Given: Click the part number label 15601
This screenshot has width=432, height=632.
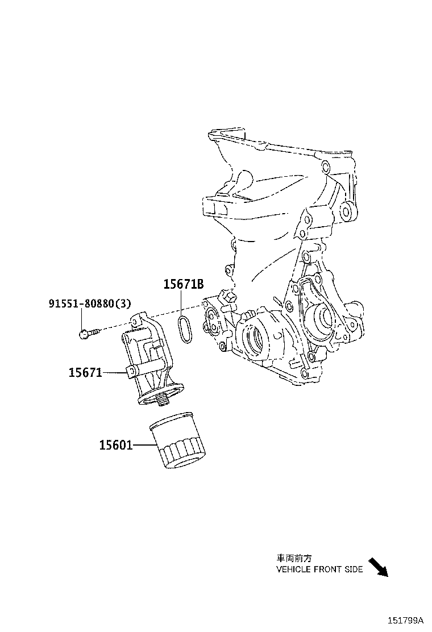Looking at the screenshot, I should coord(116,445).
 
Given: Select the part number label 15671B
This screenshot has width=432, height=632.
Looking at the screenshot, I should coord(184,285).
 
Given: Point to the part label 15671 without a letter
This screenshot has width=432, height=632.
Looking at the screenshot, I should coord(85,373).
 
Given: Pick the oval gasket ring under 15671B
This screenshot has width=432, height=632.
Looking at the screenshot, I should coord(184,330).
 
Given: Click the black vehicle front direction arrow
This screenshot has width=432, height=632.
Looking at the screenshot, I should coord(377,567).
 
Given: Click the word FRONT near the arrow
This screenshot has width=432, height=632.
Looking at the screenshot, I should coord(326,569).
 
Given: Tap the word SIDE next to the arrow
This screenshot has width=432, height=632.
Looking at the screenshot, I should coord(353,569).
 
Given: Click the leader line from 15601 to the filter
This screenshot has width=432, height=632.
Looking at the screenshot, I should coord(141,445).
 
